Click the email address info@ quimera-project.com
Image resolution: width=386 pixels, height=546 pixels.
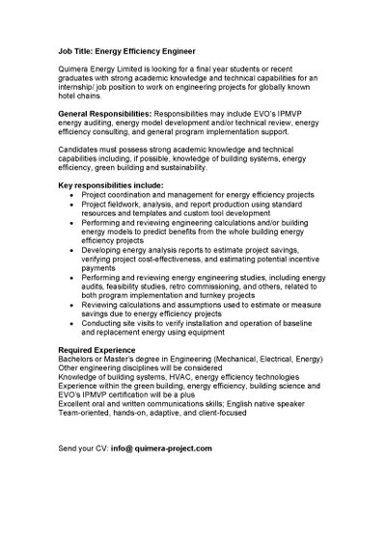(x=161, y=449)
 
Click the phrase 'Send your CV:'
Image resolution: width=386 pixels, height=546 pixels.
(x=83, y=449)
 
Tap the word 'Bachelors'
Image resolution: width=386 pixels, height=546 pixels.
(x=79, y=358)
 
